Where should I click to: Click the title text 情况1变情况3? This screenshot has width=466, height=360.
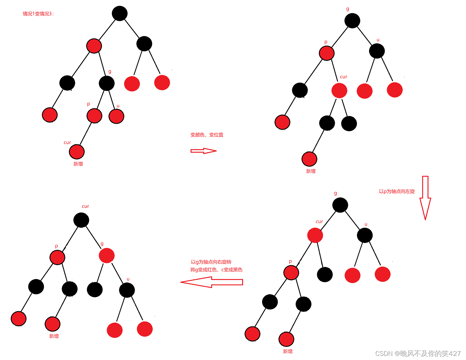click(x=38, y=14)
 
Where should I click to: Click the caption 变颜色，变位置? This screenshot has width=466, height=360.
click(x=207, y=135)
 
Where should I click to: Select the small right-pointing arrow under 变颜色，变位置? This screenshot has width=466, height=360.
click(x=204, y=151)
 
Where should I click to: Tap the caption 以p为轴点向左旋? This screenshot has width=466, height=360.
click(x=397, y=191)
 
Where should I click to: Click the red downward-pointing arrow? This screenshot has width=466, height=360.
click(x=425, y=197)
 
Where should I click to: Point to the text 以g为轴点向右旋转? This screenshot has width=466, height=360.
click(x=211, y=262)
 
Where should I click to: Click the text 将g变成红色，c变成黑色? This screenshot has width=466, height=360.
click(x=216, y=270)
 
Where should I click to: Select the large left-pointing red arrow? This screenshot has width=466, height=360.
click(x=212, y=282)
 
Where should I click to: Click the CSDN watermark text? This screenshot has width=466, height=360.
click(x=418, y=353)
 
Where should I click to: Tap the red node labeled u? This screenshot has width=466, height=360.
click(x=116, y=116)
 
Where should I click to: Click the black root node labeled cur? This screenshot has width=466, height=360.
click(x=81, y=220)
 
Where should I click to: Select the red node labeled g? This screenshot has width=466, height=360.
click(x=107, y=255)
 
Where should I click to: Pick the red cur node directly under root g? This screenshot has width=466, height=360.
click(x=315, y=235)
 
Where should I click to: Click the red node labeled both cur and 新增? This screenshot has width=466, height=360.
click(x=77, y=152)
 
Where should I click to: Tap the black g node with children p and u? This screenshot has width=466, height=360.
click(x=107, y=83)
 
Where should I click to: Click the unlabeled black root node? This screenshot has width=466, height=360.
click(x=120, y=13)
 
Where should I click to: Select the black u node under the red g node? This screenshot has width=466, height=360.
click(x=127, y=290)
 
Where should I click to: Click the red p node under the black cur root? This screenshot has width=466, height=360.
click(x=57, y=258)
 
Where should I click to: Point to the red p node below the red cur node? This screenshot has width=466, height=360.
click(x=291, y=273)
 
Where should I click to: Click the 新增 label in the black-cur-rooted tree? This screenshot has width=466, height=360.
click(x=54, y=336)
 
